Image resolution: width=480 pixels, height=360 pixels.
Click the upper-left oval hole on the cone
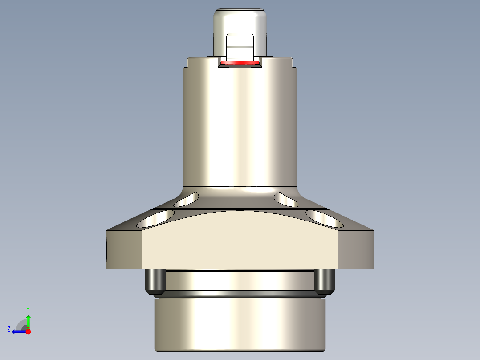click(187, 200)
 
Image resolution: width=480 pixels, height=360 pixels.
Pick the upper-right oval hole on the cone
click(286, 200)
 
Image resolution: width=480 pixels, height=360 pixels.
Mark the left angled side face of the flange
click(124, 250)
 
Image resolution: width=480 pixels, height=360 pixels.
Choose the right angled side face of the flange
click(356, 250)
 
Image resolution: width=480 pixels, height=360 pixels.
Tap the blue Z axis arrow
click(18, 331)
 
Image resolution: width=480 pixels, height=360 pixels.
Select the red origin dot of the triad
click(28, 331)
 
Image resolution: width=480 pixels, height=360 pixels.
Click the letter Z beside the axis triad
click(9, 329)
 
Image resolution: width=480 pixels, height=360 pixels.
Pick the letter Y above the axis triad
click(28, 309)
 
